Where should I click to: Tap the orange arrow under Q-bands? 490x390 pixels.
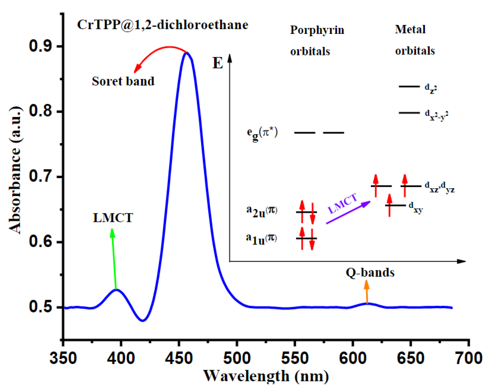click(367, 292)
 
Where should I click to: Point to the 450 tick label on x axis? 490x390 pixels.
click(179, 358)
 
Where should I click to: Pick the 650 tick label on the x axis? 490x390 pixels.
click(410, 358)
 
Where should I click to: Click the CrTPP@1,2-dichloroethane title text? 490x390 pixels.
click(163, 25)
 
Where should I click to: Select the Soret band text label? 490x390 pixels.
click(123, 81)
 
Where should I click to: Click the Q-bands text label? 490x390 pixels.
click(370, 273)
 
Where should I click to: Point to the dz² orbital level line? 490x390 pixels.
click(409, 86)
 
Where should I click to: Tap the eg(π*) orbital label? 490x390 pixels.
click(262, 133)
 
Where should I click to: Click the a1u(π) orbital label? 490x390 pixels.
click(261, 239)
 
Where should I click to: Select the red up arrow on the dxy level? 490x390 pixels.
click(389, 205)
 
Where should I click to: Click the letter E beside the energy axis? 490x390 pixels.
click(218, 63)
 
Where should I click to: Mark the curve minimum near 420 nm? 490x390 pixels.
click(143, 320)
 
